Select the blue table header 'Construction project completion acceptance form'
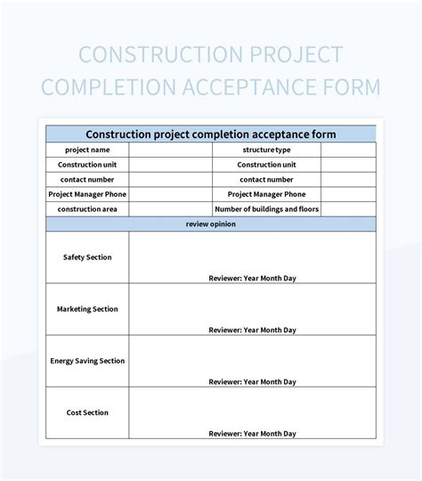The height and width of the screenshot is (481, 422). click(210, 135)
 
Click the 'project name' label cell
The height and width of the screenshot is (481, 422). click(87, 150)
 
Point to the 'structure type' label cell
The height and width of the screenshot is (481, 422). click(266, 150)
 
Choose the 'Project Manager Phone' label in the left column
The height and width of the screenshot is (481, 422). click(87, 194)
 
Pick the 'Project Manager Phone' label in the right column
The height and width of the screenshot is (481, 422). click(266, 194)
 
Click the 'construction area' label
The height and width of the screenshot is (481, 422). click(87, 209)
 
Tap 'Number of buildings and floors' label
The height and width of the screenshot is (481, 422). click(266, 209)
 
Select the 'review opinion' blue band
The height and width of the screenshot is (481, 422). click(210, 224)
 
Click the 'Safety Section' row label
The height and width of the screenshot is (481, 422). click(87, 257)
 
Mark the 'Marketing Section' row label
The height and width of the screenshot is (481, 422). click(87, 309)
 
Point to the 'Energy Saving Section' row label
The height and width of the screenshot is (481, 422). click(87, 361)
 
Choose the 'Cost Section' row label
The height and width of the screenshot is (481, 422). click(87, 412)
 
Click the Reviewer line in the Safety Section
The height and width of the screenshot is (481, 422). click(252, 278)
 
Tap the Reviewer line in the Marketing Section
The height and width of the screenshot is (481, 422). click(252, 330)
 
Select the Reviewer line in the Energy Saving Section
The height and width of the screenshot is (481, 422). click(252, 381)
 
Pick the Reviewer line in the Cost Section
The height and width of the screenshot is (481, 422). click(252, 433)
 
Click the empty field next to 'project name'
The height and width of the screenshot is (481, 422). click(170, 150)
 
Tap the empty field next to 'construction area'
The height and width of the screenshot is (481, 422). click(170, 209)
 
